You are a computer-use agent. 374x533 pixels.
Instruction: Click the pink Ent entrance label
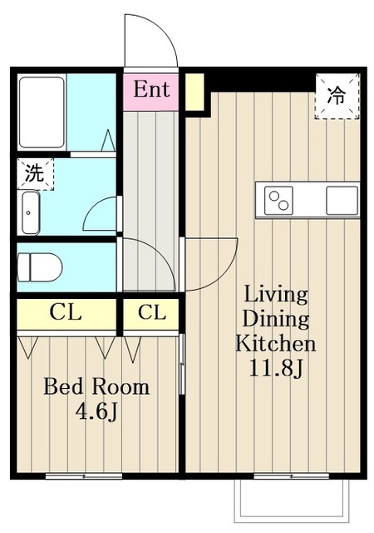coord(150,89)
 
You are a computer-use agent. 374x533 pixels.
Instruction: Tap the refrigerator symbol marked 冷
coord(337,96)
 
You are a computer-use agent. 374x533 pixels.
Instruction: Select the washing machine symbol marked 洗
coord(35,174)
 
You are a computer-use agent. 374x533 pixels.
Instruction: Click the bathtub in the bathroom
coord(42,112)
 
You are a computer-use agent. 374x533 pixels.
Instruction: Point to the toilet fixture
coord(39,267)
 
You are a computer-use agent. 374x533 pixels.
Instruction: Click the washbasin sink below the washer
coord(31,212)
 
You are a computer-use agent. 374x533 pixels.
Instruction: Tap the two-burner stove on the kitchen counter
coord(278,201)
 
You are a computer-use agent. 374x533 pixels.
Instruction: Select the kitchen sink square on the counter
coord(342,201)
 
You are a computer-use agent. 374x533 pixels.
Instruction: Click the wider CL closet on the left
coord(66,313)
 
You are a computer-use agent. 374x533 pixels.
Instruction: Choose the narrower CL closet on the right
coord(151,313)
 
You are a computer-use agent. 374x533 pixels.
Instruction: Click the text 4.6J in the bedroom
coord(96,412)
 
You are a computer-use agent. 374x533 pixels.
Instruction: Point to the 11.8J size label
coord(276,368)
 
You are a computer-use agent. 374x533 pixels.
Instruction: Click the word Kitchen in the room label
coord(276,343)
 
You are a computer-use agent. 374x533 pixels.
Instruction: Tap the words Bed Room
coord(96,386)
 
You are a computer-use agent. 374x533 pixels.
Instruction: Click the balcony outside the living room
coord(291,501)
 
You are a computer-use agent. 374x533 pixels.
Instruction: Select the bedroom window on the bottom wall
coord(84,476)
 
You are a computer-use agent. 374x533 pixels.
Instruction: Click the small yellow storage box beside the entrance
coord(194,92)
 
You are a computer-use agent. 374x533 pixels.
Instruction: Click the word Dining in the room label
coord(276,320)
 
